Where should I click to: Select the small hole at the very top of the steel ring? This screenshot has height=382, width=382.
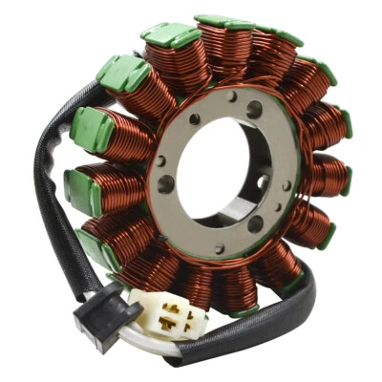coord(232,95)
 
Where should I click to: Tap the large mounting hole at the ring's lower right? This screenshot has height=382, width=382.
coord(255,223)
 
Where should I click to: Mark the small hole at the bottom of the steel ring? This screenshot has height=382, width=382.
coord(219,249)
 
